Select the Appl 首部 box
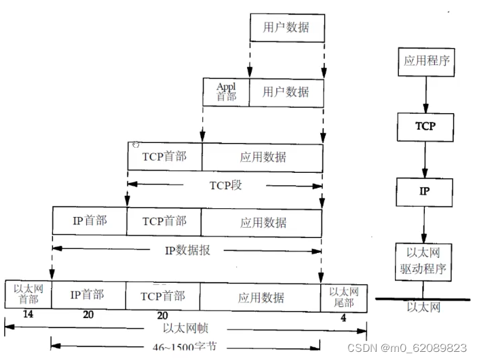(x=226, y=92)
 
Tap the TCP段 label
(x=225, y=184)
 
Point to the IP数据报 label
(x=188, y=249)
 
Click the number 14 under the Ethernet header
(x=28, y=315)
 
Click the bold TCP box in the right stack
(x=426, y=126)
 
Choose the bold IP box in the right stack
(x=423, y=192)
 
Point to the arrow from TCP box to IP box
(x=425, y=159)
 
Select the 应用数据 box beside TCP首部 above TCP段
(x=263, y=157)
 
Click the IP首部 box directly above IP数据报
(x=90, y=222)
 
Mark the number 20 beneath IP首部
(x=88, y=315)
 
